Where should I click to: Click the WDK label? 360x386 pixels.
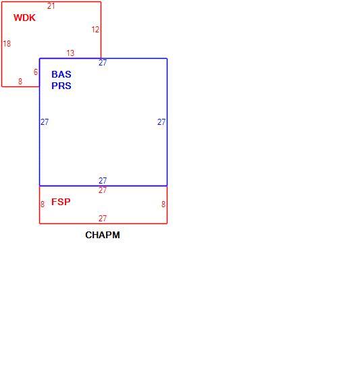tap(24, 18)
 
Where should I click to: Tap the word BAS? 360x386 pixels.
tap(61, 74)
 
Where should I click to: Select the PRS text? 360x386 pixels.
tap(61, 86)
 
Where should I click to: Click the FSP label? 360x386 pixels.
tap(61, 202)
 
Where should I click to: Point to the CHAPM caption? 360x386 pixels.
tap(103, 235)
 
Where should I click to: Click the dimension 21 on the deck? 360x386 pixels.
tap(51, 6)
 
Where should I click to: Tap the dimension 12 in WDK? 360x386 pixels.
tap(95, 30)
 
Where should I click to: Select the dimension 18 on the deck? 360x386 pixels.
tap(7, 44)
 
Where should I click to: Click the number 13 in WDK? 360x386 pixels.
tap(70, 53)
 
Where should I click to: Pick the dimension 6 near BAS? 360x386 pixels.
tap(36, 72)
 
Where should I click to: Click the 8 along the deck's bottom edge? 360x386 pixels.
tap(20, 81)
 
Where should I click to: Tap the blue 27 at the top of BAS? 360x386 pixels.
tap(103, 63)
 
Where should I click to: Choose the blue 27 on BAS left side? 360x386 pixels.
tap(45, 122)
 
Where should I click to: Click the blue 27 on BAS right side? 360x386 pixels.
tap(161, 122)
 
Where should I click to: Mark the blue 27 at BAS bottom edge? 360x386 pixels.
tap(103, 180)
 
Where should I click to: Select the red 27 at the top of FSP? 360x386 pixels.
tap(103, 190)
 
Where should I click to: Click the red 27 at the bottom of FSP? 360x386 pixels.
tap(103, 218)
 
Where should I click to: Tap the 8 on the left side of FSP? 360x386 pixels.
tap(43, 204)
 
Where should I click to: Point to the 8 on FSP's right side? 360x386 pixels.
tap(163, 204)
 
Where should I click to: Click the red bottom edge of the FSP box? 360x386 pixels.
tap(103, 223)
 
